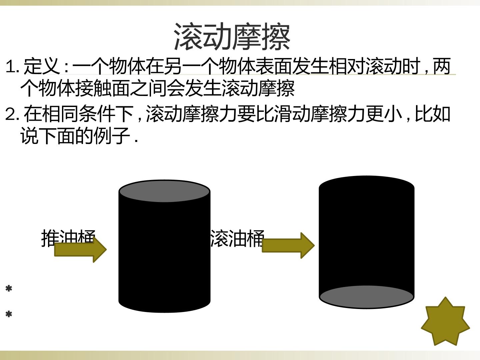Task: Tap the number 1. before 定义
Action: point(12,66)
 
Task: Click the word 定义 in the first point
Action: point(42,66)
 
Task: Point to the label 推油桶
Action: point(68,238)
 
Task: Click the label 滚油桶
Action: point(237,238)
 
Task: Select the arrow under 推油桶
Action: point(80,249)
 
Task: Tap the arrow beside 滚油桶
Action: point(288,245)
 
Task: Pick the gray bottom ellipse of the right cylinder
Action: point(367,297)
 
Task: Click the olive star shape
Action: point(445,321)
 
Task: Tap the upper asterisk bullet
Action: point(9,289)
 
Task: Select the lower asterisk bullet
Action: point(9,314)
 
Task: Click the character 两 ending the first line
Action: point(442,66)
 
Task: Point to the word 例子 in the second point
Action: point(112,136)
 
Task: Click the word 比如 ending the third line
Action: point(433,114)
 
